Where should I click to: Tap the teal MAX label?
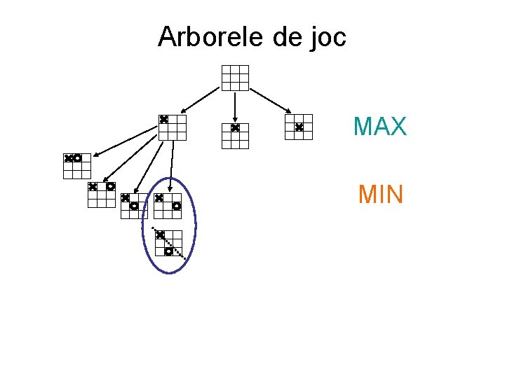(x=380, y=127)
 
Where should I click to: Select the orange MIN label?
(x=381, y=194)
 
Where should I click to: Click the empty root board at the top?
(x=235, y=78)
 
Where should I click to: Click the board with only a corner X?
(x=172, y=127)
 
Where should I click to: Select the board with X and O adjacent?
(x=77, y=166)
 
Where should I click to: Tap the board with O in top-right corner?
(x=102, y=195)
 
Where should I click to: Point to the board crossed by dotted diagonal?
(x=168, y=242)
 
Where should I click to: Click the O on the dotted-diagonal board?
(x=168, y=251)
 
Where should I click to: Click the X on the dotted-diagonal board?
(x=160, y=234)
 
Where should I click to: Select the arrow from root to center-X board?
(x=271, y=100)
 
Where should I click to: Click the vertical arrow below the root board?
(x=235, y=105)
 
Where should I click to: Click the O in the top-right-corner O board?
(x=110, y=186)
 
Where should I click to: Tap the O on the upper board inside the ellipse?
(x=177, y=206)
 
